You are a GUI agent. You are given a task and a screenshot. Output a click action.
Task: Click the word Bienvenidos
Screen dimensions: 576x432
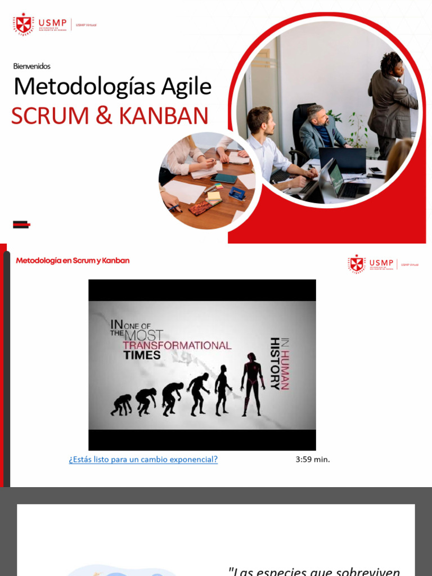(x=31, y=66)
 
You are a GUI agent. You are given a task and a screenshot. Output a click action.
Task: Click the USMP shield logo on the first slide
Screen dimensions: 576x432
(x=24, y=24)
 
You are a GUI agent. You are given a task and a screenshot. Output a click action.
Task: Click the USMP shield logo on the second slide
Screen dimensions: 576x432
(x=357, y=263)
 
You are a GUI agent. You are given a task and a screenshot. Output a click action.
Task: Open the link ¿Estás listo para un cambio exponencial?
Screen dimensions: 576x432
(x=143, y=460)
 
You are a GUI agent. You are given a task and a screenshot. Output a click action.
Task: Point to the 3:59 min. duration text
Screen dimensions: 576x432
(x=313, y=460)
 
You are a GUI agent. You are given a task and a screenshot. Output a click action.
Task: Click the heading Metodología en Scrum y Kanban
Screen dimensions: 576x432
(x=73, y=261)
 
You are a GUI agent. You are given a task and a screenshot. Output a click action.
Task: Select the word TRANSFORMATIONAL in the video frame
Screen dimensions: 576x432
(x=177, y=345)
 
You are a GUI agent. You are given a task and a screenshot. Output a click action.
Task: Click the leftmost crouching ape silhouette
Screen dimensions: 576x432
(x=121, y=404)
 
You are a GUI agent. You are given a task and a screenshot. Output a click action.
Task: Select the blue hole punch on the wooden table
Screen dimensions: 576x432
(x=237, y=193)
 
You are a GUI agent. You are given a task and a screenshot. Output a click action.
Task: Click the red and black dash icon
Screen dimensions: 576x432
(x=21, y=225)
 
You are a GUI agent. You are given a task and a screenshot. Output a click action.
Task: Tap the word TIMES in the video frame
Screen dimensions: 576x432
(x=142, y=355)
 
